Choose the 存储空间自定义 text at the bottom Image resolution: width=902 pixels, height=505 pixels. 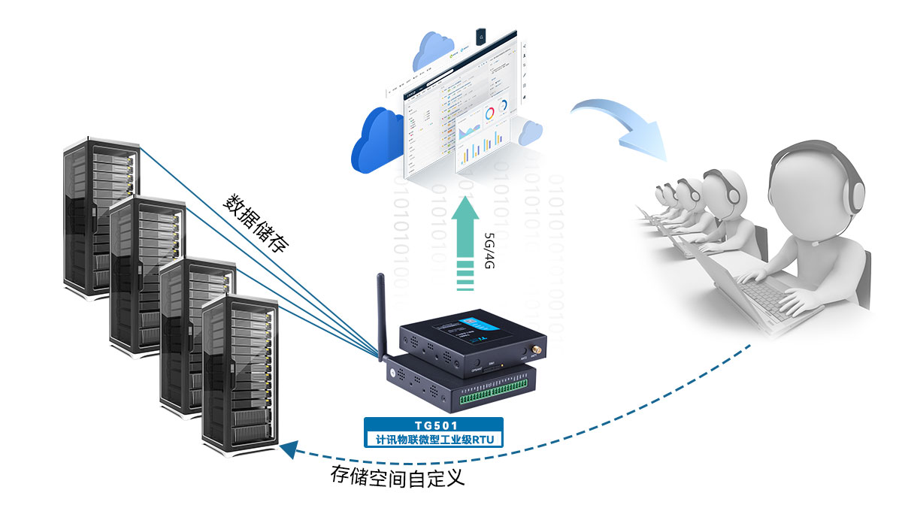pyautogui.click(x=398, y=477)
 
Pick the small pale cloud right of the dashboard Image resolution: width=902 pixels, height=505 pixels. pyautogui.click(x=531, y=134)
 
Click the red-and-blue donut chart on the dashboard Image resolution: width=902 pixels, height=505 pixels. pyautogui.click(x=489, y=113)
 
